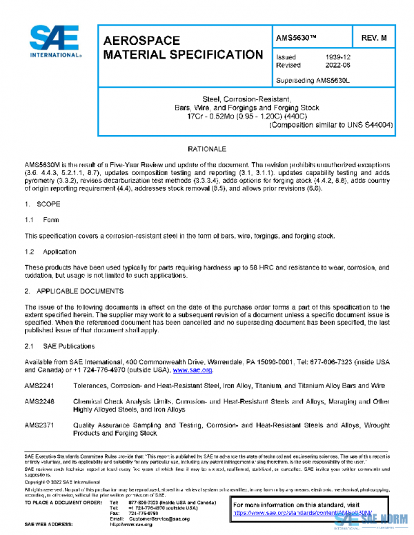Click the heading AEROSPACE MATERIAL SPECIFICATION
tap(182, 48)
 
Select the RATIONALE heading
tap(207, 149)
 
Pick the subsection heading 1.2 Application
tap(50, 252)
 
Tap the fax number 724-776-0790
tap(143, 513)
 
